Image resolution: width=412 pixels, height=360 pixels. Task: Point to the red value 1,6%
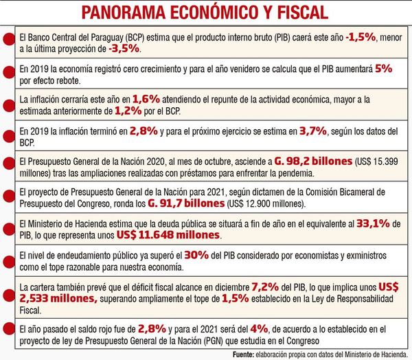click(x=146, y=98)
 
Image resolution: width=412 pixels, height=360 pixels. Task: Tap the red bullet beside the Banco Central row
click(x=5, y=41)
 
